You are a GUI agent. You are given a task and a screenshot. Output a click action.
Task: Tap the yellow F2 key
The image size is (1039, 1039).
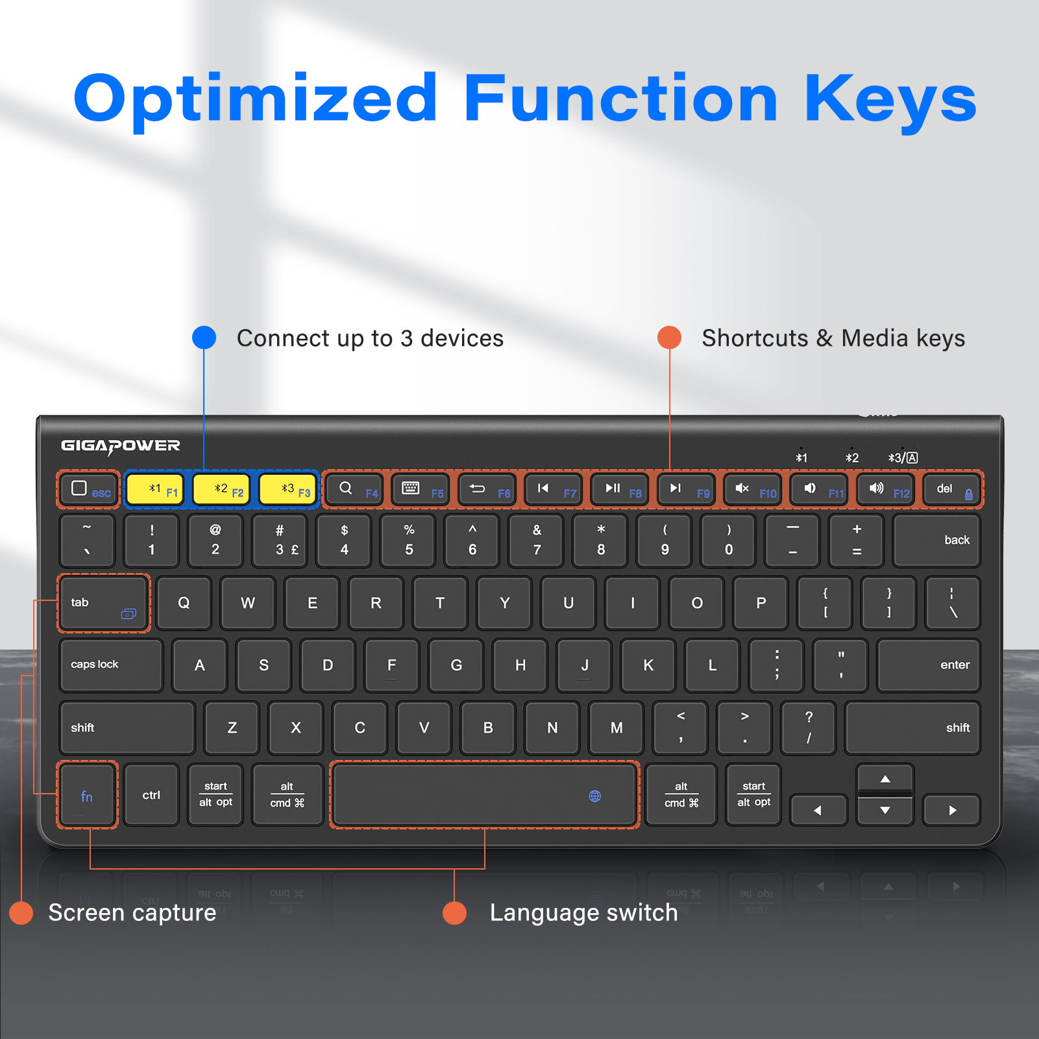click(x=221, y=489)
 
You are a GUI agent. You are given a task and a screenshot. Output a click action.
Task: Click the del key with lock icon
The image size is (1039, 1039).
click(x=951, y=489)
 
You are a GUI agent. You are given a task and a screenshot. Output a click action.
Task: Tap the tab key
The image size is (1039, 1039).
click(x=104, y=603)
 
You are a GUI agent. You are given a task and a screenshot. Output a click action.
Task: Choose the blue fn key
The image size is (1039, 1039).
click(x=88, y=795)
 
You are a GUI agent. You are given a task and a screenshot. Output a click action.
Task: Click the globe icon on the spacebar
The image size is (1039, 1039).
click(x=594, y=796)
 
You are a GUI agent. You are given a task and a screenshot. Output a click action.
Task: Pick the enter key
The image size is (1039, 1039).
click(x=928, y=665)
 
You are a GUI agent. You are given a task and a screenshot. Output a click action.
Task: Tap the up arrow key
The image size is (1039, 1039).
click(x=885, y=778)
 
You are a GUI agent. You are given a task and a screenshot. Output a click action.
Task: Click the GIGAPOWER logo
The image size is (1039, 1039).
click(x=121, y=446)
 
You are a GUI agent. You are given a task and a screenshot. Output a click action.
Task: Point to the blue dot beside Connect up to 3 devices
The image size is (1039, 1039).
click(x=204, y=337)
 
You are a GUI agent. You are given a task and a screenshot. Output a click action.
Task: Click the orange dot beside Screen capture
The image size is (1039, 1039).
click(x=21, y=912)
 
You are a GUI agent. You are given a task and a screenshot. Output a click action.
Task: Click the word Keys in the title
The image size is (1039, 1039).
click(x=890, y=99)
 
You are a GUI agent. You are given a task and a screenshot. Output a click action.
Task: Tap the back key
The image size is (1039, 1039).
click(x=936, y=541)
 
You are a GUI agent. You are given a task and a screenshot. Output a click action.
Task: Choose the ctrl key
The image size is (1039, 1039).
click(x=151, y=795)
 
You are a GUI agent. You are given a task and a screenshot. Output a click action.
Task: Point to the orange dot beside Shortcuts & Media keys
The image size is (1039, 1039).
click(x=669, y=337)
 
